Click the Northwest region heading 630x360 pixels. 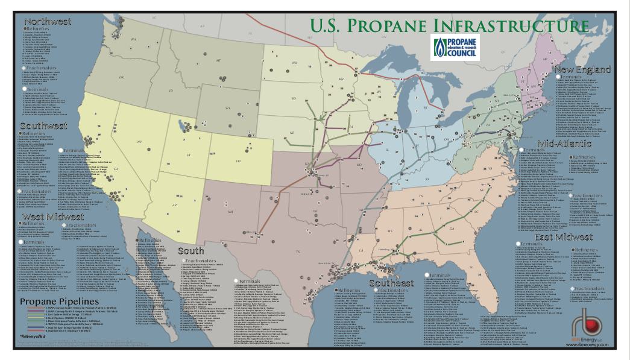(48, 22)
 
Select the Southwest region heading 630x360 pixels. (43, 126)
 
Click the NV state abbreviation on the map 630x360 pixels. (140, 141)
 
